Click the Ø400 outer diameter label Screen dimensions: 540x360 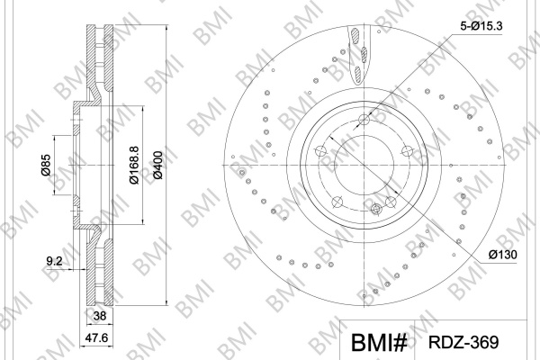coord(157,165)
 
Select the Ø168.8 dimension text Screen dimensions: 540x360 coord(134,165)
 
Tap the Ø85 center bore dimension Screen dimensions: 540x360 coord(46,165)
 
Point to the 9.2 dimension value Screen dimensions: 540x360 coord(54,261)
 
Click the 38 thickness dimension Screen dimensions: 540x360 coord(100,316)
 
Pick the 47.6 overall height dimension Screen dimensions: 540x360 coord(96,338)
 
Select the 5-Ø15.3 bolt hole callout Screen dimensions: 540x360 coord(481,26)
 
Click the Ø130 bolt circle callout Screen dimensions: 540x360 coord(502,255)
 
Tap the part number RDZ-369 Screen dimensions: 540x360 coord(463,342)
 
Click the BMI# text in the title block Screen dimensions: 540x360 coord(379,342)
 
